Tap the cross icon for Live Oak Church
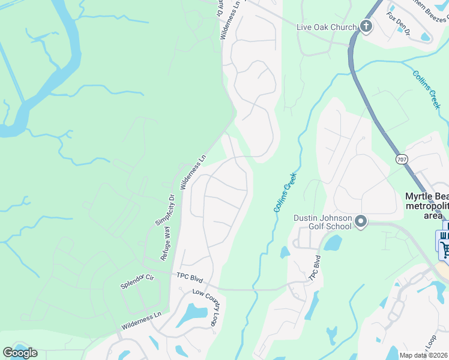point(366,26)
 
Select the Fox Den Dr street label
point(398,24)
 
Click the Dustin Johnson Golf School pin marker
point(361,222)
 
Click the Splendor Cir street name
point(137,278)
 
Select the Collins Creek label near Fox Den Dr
point(427,89)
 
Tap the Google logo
point(20,353)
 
